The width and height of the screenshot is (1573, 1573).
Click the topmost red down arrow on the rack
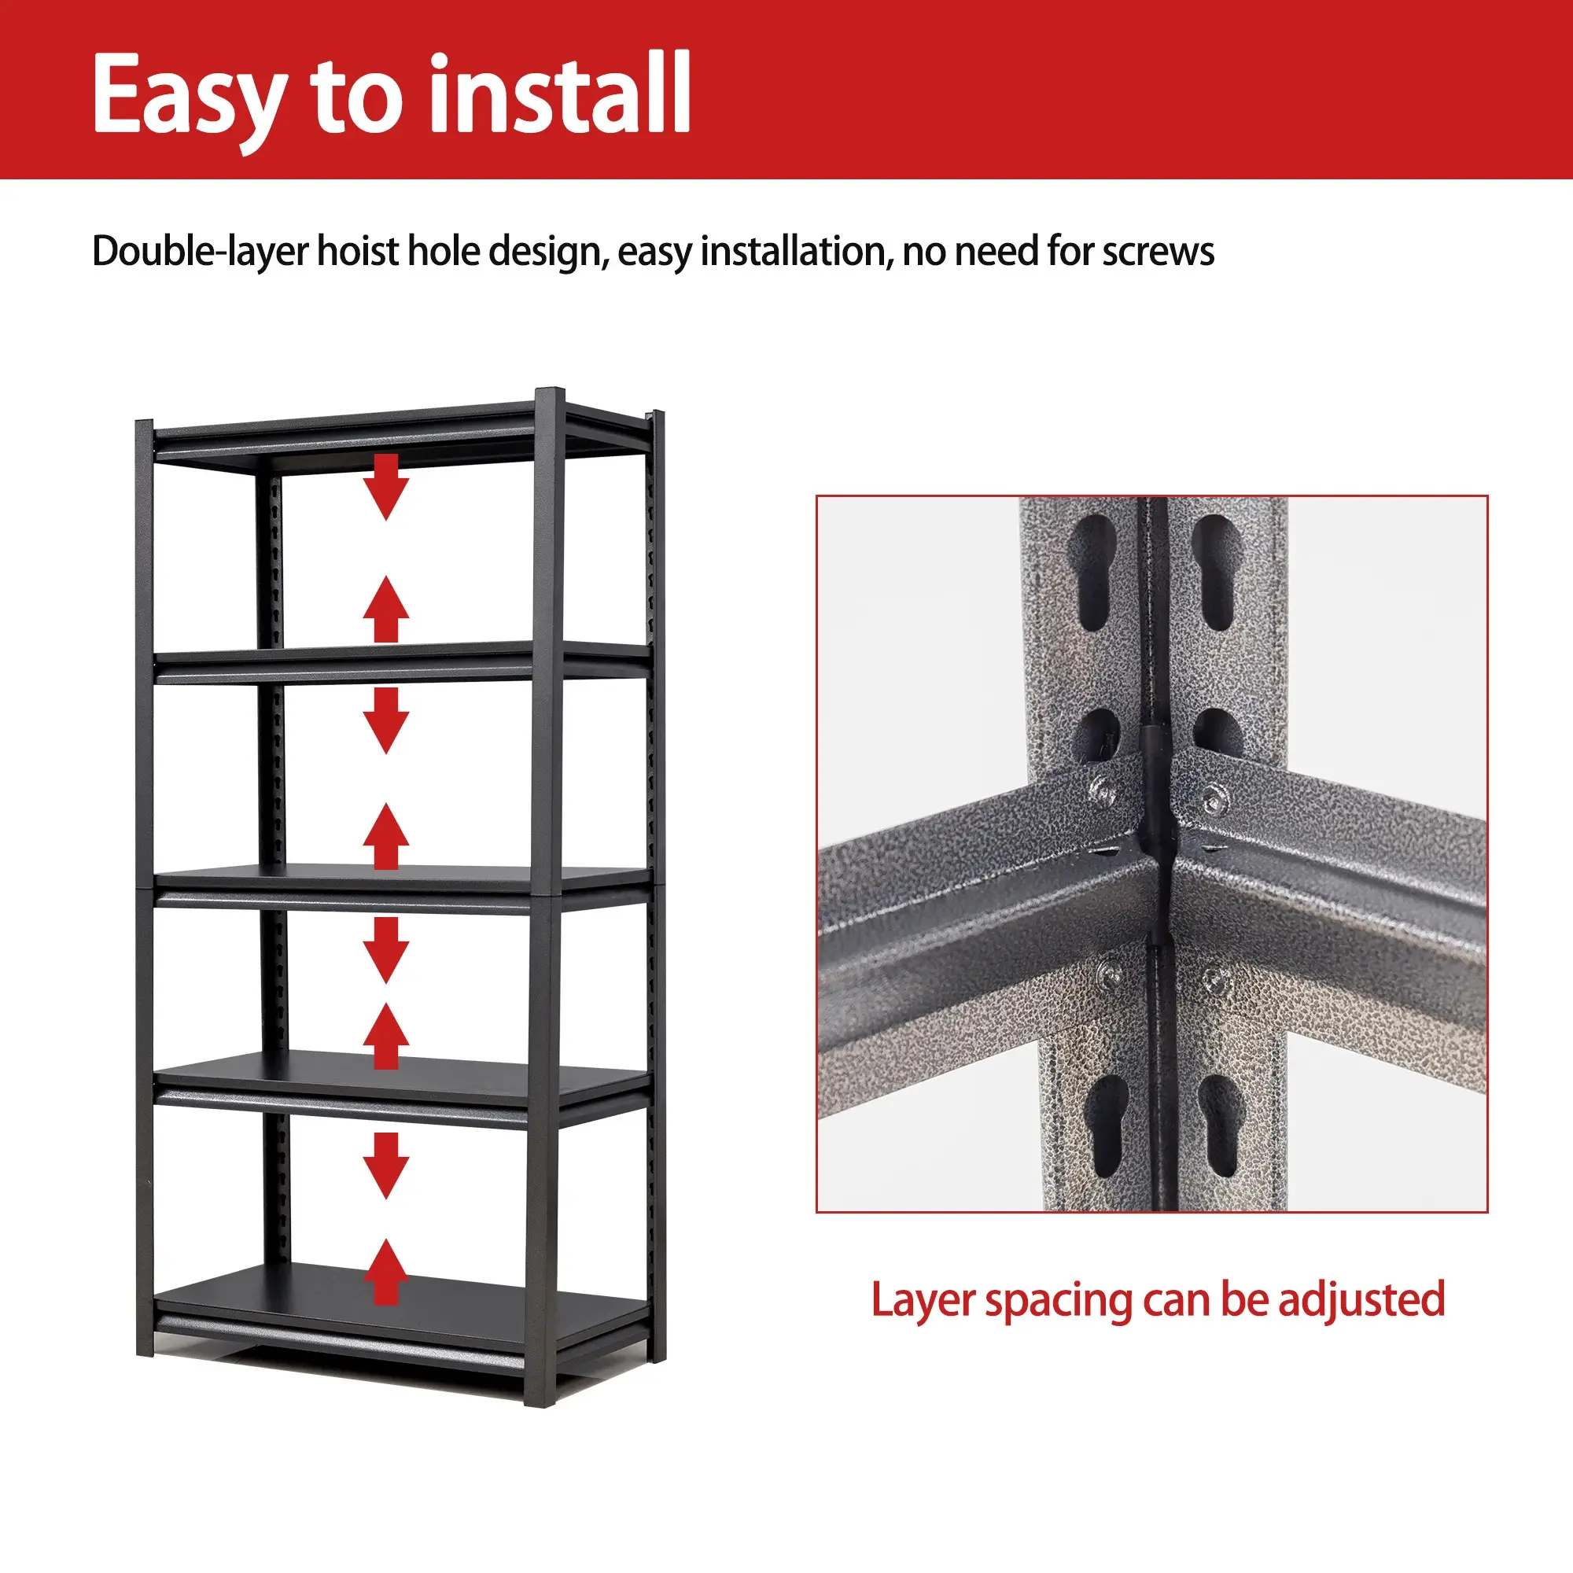386,487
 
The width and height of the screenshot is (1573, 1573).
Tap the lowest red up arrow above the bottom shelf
386,1273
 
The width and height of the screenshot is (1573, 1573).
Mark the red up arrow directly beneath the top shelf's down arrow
386,610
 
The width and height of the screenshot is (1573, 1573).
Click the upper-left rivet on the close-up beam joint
1103,788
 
